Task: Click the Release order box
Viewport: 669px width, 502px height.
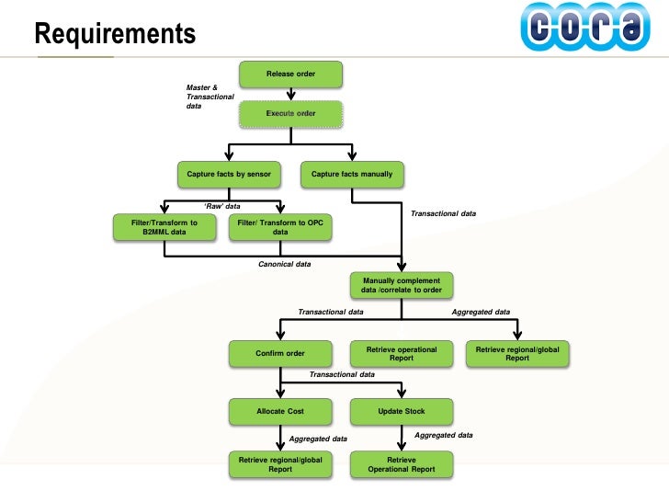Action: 290,74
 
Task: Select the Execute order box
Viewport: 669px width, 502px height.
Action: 290,114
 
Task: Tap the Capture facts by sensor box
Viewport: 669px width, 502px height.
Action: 229,174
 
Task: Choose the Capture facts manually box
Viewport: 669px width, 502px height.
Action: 352,174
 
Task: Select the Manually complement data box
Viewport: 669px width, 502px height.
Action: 402,285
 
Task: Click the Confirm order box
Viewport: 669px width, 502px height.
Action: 280,353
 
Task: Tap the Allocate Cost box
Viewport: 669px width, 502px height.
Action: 280,411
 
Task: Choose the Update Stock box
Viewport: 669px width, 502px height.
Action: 402,411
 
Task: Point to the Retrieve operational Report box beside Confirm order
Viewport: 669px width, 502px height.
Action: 402,353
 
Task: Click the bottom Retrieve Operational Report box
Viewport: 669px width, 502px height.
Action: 402,464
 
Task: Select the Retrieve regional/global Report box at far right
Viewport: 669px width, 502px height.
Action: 517,353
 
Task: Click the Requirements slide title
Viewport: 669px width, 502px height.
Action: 115,34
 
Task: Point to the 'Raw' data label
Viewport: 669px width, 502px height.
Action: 221,206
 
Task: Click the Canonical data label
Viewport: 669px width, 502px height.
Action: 284,264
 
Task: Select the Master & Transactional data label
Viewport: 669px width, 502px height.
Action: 210,97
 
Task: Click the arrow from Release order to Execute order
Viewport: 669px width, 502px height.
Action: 290,93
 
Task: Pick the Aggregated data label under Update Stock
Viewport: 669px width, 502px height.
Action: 444,435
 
